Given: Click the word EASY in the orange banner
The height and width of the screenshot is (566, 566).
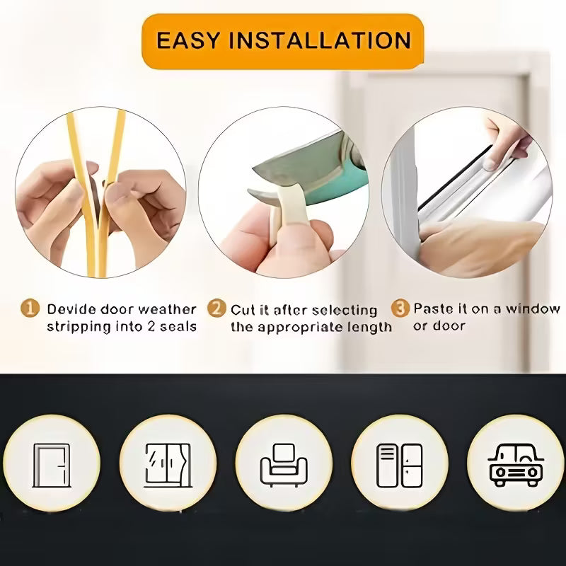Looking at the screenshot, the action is (187, 40).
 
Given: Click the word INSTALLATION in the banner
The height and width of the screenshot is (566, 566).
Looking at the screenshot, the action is (320, 40).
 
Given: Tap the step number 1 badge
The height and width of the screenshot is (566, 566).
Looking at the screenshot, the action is (30, 308).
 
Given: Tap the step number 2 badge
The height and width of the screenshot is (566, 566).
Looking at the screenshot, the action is (216, 308).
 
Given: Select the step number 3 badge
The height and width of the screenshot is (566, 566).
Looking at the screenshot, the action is (400, 308).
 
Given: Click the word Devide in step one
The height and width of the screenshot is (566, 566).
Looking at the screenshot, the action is (71, 309).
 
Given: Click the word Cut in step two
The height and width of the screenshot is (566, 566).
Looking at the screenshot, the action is (241, 310).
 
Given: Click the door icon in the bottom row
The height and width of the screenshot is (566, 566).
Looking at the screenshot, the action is (51, 466).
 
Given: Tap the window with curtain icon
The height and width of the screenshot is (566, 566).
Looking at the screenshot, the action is (168, 466).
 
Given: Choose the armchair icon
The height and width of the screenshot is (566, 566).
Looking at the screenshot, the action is (284, 466).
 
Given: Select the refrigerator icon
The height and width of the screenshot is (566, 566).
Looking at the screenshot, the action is (400, 466).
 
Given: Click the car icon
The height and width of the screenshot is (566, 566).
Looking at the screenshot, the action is (516, 466).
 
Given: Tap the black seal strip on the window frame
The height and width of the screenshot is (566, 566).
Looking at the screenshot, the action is (455, 178).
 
